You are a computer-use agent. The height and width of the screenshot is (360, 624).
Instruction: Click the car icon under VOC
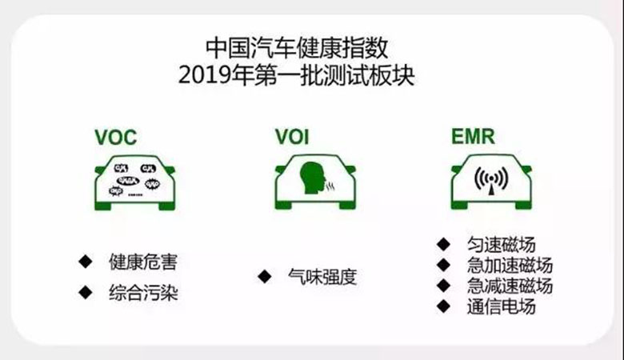pyautogui.click(x=134, y=181)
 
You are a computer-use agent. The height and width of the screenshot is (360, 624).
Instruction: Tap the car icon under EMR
pyautogui.click(x=492, y=181)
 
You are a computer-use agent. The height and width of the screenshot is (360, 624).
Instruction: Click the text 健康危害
pyautogui.click(x=142, y=262)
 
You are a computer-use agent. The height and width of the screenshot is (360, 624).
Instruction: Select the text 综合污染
pyautogui.click(x=142, y=293)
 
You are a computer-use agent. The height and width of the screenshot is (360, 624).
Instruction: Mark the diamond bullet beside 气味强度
pyautogui.click(x=263, y=277)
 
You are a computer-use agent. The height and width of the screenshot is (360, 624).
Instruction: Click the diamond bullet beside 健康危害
pyautogui.click(x=84, y=262)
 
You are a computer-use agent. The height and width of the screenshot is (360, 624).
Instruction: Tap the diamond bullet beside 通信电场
pyautogui.click(x=442, y=306)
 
